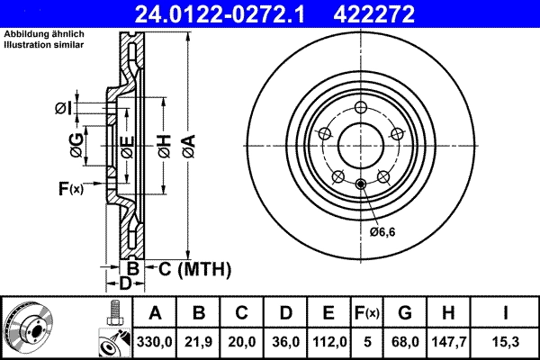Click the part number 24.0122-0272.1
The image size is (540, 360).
click(x=232, y=13)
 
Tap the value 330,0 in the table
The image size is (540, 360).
click(x=155, y=343)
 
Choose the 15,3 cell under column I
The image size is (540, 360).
click(x=509, y=343)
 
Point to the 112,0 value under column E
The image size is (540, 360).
click(x=328, y=343)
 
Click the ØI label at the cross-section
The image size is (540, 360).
click(x=63, y=108)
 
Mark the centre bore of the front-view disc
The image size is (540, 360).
click(x=359, y=144)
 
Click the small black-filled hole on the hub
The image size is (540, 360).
click(x=360, y=185)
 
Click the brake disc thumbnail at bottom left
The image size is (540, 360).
click(x=31, y=327)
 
